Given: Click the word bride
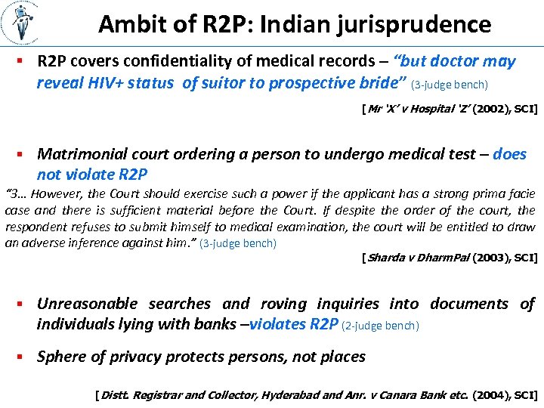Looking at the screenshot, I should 380,82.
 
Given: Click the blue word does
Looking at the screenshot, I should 509,154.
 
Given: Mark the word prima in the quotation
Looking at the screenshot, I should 469,194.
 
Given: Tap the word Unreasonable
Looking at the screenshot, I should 87,304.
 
